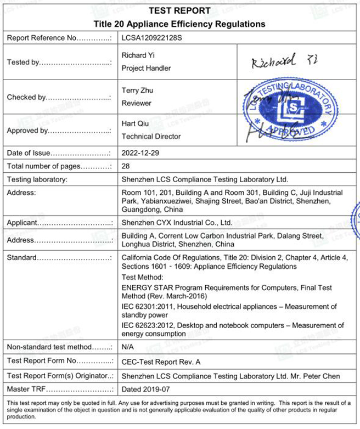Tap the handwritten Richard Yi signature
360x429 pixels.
click(x=274, y=61)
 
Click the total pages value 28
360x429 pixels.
click(x=126, y=166)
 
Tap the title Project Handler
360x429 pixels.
click(x=146, y=68)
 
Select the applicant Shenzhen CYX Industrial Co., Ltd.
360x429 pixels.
click(x=177, y=223)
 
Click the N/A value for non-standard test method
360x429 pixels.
click(x=128, y=347)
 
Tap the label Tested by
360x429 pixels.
click(x=24, y=62)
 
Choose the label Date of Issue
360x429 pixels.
click(x=29, y=153)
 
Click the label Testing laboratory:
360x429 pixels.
click(x=37, y=179)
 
